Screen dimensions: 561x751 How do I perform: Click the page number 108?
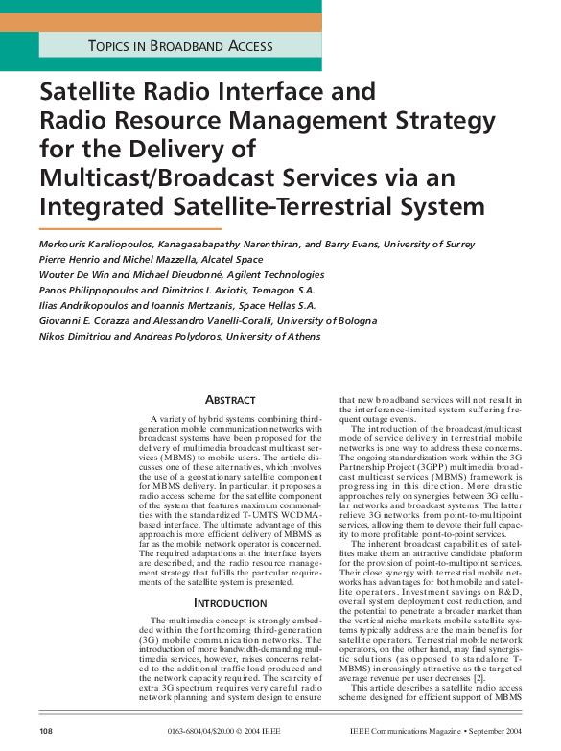[46, 731]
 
